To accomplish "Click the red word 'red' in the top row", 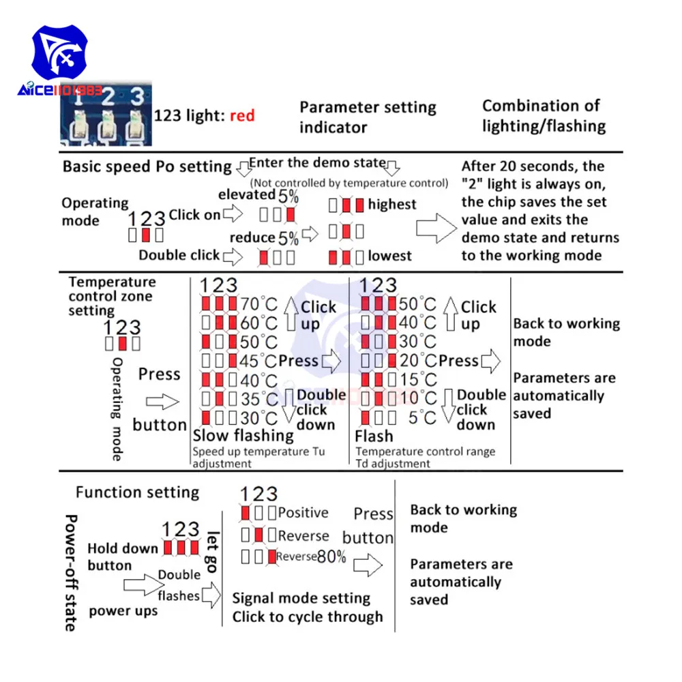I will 242,116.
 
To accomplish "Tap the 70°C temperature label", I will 258,303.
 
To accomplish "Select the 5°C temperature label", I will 422,417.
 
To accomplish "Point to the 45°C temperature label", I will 259,361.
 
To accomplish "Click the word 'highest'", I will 392,204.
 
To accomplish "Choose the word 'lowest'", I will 389,256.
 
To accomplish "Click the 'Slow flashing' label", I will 243,435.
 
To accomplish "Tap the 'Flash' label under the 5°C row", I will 374,436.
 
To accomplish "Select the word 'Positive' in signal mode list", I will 303,512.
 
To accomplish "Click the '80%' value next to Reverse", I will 331,557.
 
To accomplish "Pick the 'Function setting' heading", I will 137,492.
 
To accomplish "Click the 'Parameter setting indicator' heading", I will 368,117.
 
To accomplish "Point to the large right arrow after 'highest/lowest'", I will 434,230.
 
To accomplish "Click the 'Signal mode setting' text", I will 301,598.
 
